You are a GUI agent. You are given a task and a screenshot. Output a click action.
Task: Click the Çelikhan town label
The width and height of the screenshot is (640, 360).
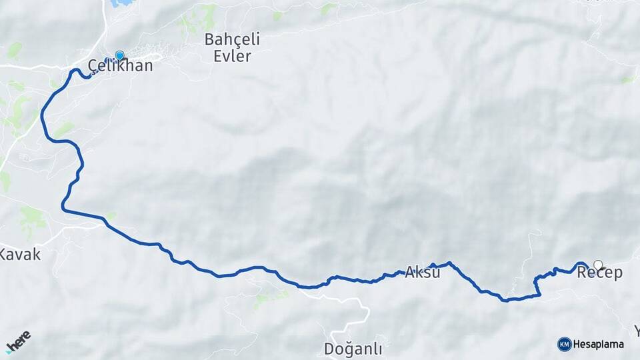pyautogui.click(x=121, y=65)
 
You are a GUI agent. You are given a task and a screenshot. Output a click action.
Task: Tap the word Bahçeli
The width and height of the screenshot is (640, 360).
pyautogui.click(x=233, y=39)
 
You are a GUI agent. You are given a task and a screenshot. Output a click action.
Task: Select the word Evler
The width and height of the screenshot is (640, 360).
pyautogui.click(x=233, y=56)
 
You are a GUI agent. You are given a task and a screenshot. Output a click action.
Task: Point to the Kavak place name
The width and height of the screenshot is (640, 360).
pyautogui.click(x=20, y=254)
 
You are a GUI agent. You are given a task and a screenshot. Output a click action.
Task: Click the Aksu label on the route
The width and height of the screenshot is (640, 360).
pyautogui.click(x=423, y=272)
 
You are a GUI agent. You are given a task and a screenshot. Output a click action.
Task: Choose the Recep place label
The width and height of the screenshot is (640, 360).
pyautogui.click(x=599, y=273)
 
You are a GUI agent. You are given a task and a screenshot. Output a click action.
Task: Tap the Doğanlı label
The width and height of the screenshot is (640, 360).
pyautogui.click(x=353, y=348)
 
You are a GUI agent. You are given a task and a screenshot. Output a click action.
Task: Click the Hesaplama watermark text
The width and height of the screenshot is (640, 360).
pyautogui.click(x=599, y=344)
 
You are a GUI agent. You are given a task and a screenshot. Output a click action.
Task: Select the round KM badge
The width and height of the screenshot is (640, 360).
pyautogui.click(x=564, y=344)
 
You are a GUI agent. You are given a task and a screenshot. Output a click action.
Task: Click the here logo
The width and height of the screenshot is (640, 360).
pyautogui.click(x=18, y=341)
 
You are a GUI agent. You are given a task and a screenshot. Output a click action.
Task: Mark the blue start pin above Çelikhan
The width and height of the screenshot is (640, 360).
pyautogui.click(x=119, y=55)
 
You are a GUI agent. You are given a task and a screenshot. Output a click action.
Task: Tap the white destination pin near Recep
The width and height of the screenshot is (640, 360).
pyautogui.click(x=598, y=265)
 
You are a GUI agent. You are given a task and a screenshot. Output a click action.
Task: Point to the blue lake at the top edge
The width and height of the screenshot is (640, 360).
pyautogui.click(x=121, y=3)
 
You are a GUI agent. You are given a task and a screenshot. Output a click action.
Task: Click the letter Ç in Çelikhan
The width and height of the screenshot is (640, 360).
pyautogui.click(x=94, y=65)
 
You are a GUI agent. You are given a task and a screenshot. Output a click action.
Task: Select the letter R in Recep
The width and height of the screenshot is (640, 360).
pyautogui.click(x=581, y=273)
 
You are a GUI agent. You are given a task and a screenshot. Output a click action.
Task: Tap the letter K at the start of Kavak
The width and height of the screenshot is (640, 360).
pyautogui.click(x=4, y=254)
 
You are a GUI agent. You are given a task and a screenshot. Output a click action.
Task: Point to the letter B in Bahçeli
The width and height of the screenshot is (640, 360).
pyautogui.click(x=210, y=39)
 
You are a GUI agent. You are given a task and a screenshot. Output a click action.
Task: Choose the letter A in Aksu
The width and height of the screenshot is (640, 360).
pyautogui.click(x=410, y=272)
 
